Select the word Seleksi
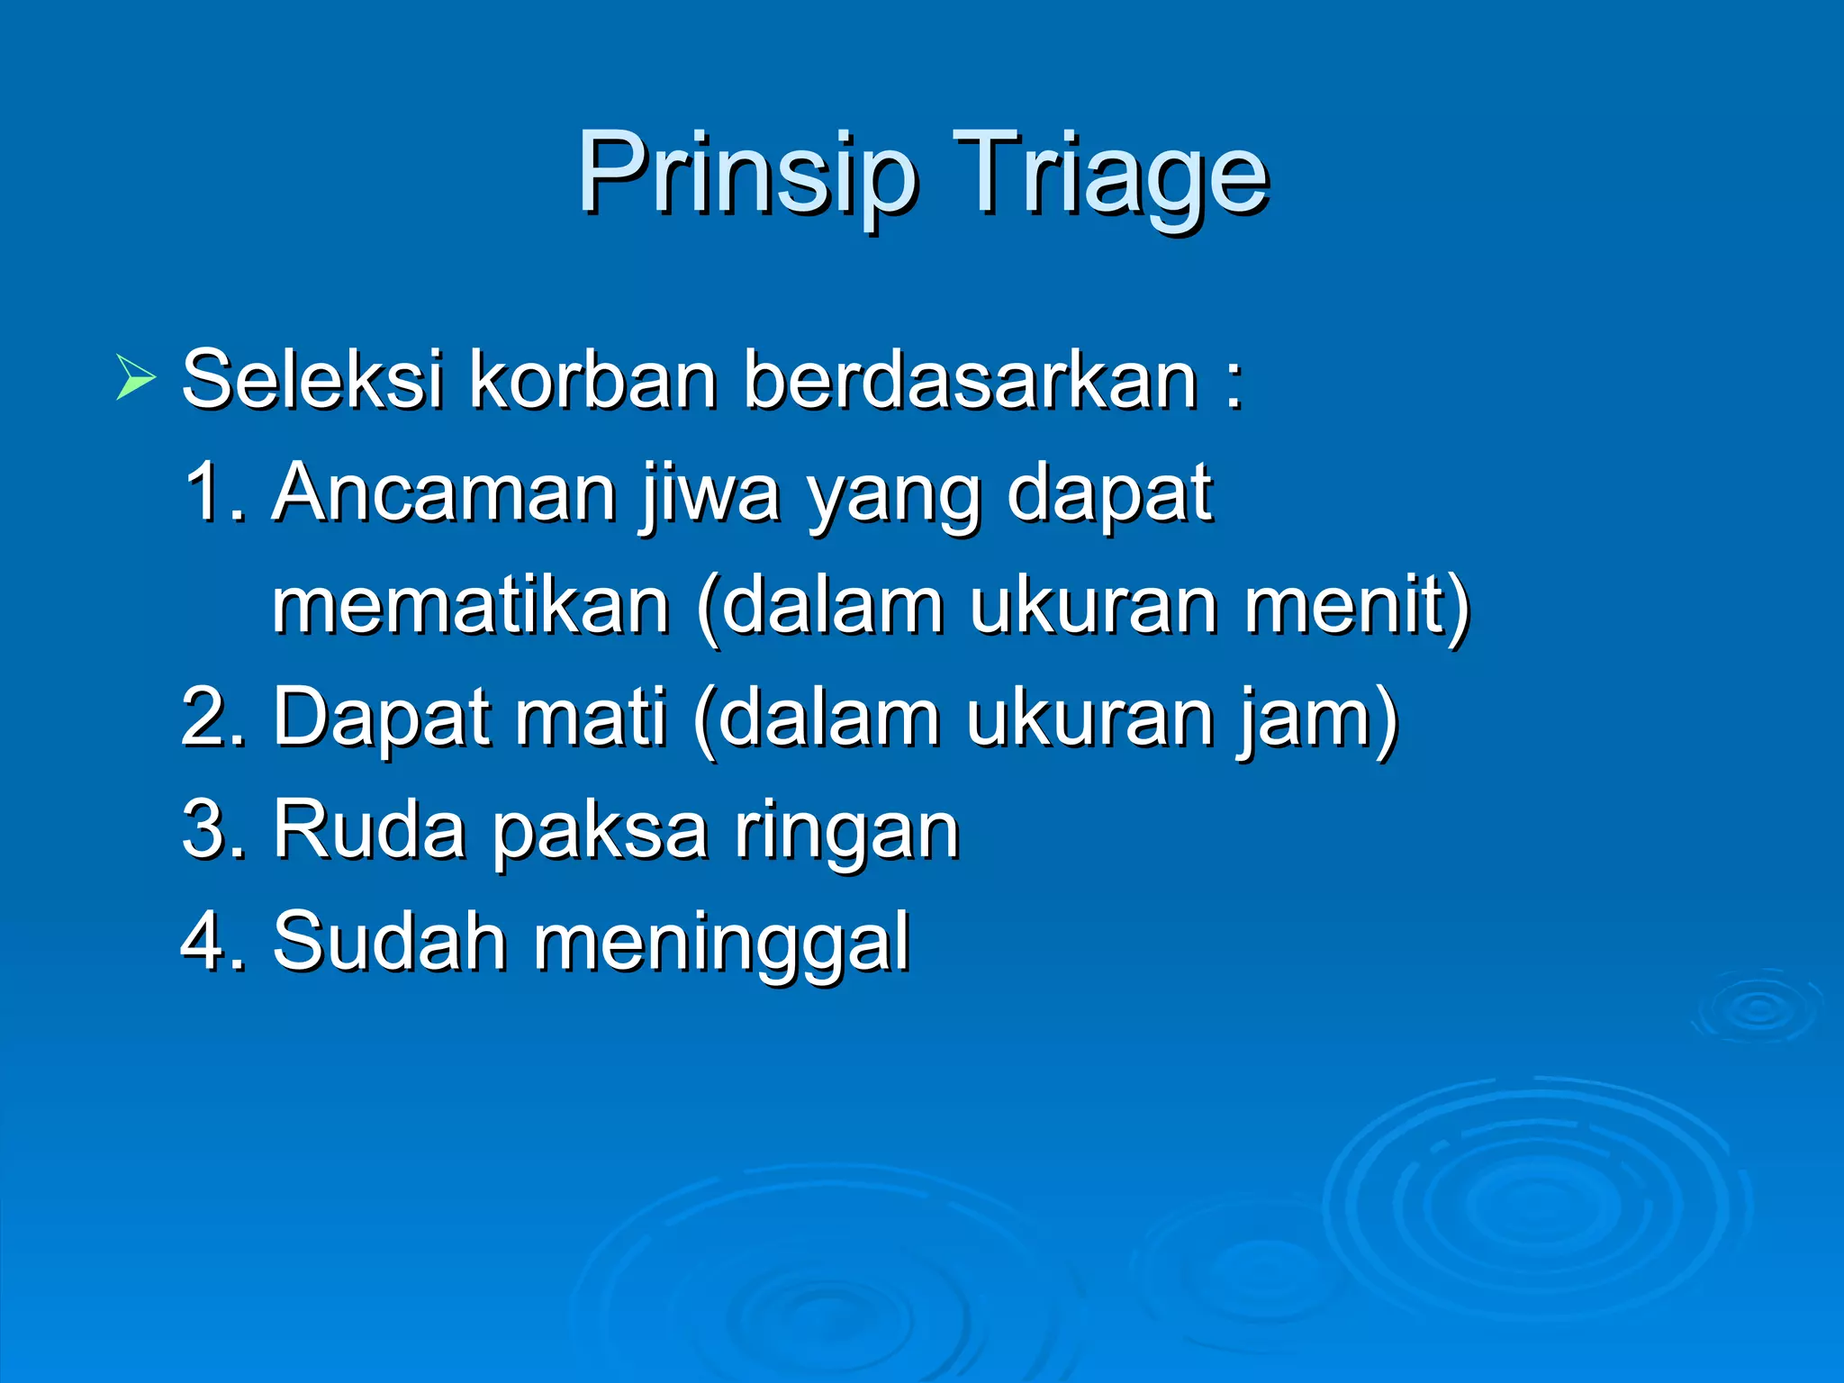[312, 379]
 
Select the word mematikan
[471, 605]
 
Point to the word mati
[590, 718]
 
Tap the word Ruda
[368, 829]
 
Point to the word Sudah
[389, 942]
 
